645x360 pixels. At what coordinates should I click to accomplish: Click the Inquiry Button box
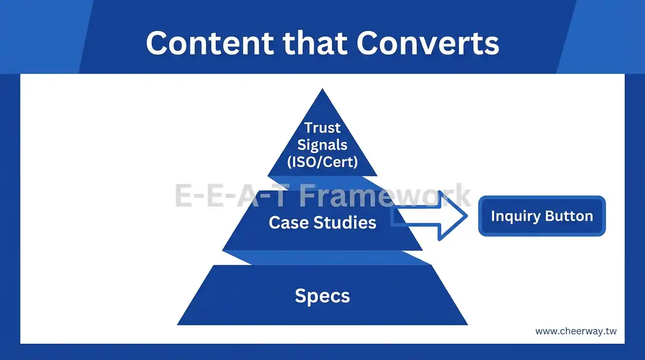tap(542, 216)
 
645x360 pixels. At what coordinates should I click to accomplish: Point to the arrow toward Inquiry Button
tap(429, 216)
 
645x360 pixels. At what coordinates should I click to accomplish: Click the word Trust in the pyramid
tap(322, 127)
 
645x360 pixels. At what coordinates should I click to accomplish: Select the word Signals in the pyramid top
tap(322, 144)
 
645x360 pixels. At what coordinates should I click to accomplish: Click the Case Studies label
tap(322, 222)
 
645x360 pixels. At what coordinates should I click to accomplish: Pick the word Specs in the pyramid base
tap(322, 296)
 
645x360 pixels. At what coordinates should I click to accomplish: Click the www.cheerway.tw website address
tap(576, 331)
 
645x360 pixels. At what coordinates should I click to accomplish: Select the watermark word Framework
tap(384, 195)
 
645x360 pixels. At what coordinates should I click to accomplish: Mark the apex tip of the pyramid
tap(322, 90)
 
